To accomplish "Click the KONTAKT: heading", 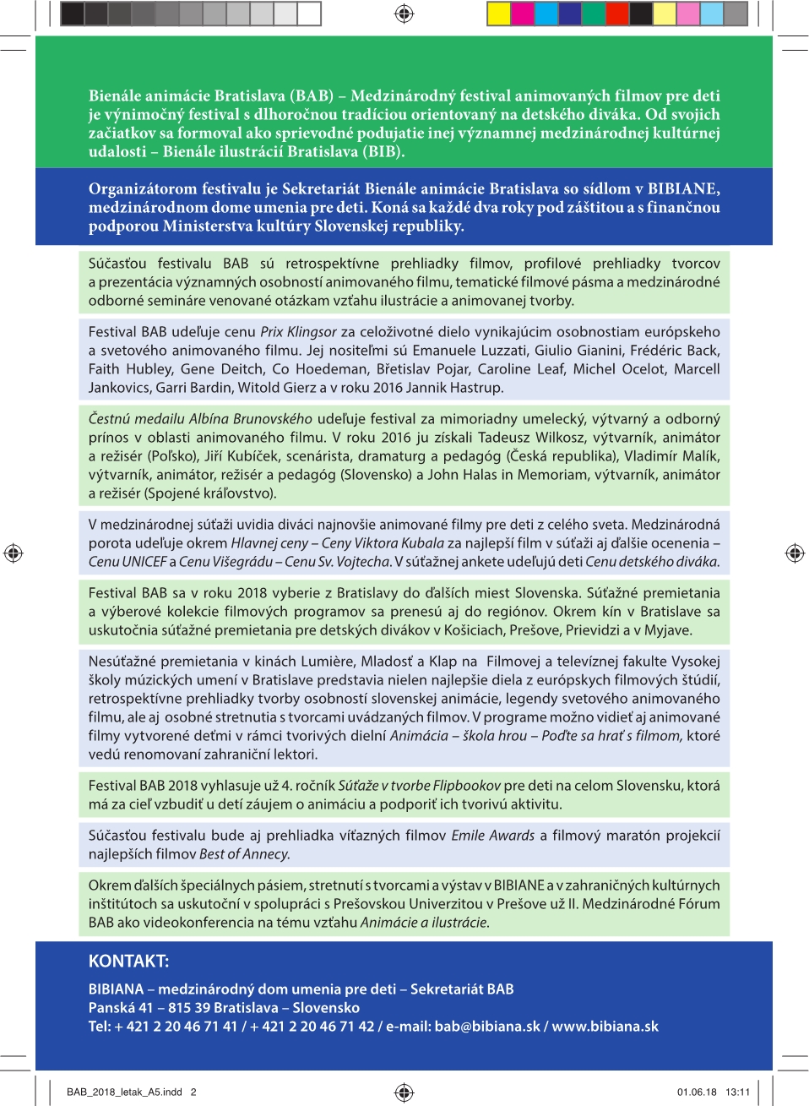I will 128,961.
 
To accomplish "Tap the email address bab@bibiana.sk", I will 487,1027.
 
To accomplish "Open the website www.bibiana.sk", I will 605,1027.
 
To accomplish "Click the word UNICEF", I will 144,562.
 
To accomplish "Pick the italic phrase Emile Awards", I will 492,836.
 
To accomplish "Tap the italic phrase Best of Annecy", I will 244,854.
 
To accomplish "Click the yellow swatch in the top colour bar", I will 499,14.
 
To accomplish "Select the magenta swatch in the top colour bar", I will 523,14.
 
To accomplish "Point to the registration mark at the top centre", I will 404,14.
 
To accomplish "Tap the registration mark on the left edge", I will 14,553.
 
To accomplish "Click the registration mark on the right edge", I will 795,553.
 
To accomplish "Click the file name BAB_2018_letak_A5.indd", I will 124,1092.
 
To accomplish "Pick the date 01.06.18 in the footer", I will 697,1092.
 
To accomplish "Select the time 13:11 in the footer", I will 737,1092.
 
